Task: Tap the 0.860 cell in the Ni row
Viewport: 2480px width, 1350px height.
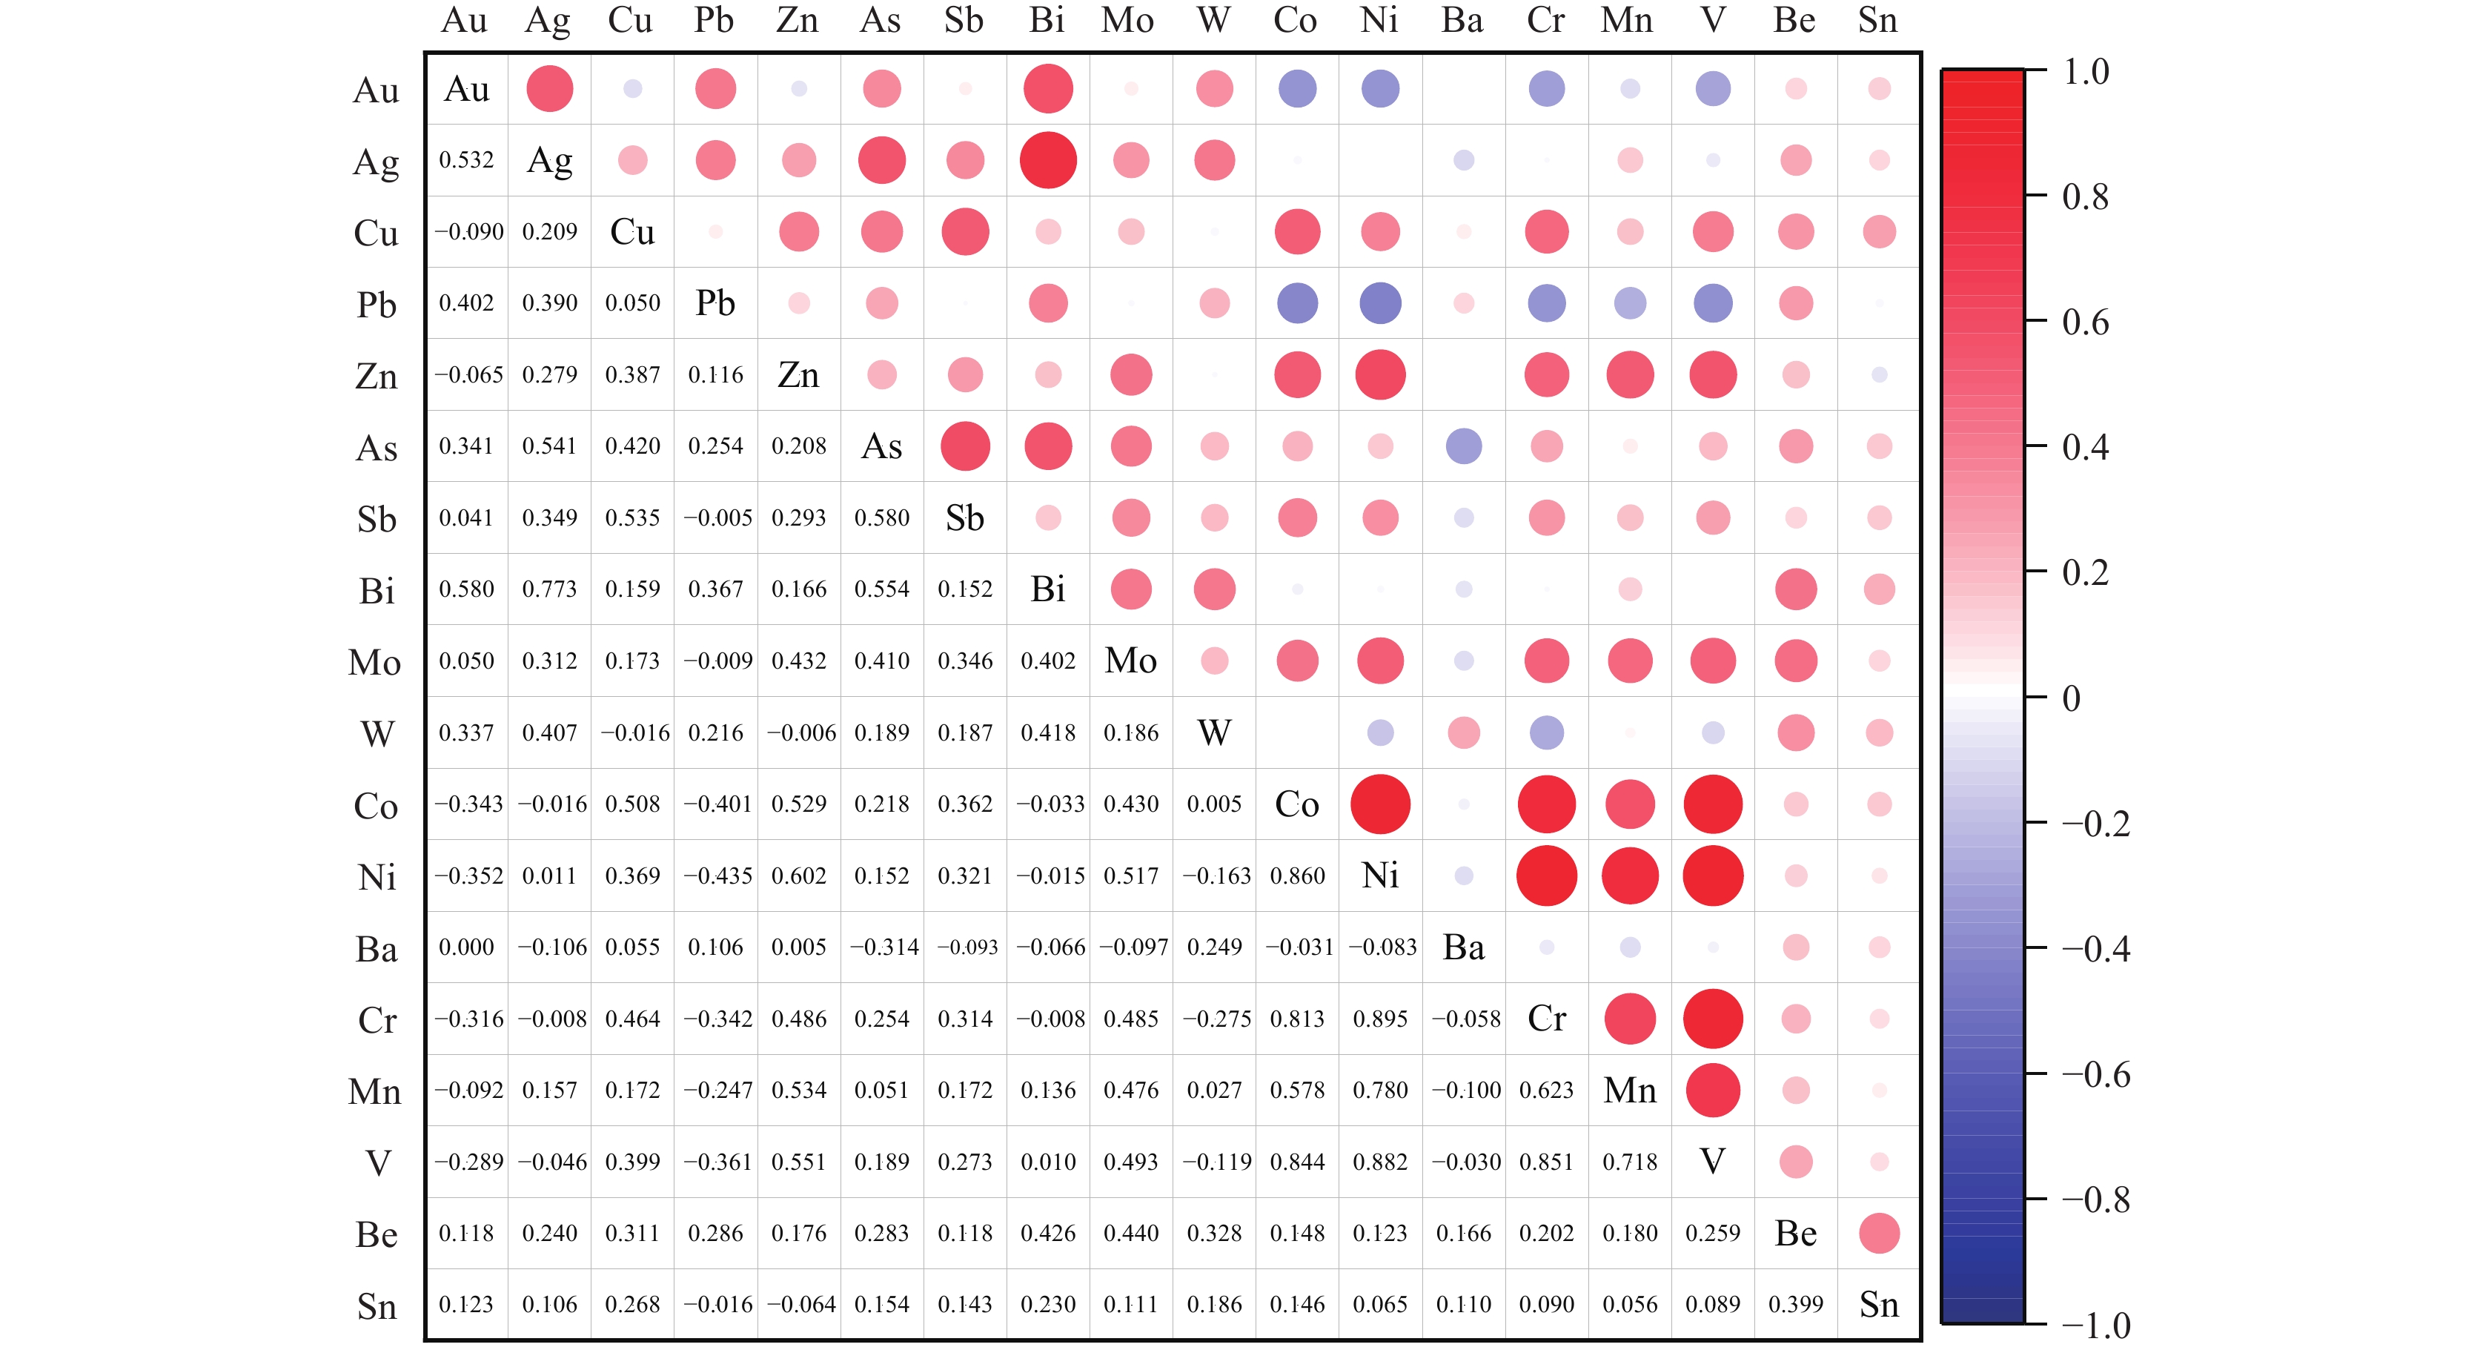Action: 1297,876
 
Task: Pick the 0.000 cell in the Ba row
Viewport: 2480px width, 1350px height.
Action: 466,947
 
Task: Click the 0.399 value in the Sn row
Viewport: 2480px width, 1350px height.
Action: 1795,1305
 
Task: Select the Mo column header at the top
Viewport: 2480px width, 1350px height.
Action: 1127,20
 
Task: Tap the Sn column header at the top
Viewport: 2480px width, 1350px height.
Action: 1877,20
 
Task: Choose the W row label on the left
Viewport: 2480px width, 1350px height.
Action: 377,734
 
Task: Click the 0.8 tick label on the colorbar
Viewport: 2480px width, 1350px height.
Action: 2085,197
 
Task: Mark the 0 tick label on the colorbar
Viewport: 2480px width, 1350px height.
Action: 2071,698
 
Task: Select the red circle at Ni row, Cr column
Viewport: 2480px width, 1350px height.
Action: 1546,876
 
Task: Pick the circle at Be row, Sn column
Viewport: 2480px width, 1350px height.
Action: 1878,1234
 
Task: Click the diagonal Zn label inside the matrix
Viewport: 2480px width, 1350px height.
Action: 798,374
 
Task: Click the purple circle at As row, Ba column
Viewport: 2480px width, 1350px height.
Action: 1463,446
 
